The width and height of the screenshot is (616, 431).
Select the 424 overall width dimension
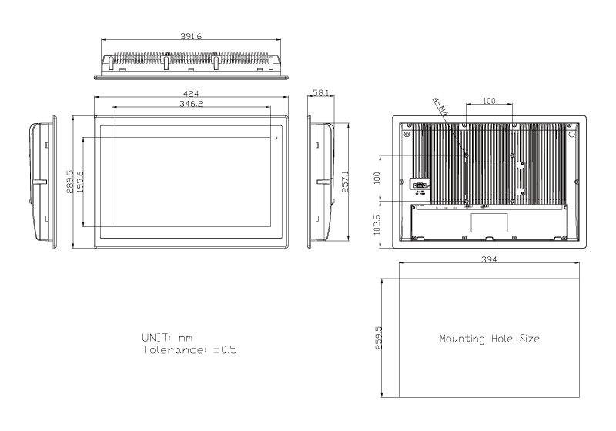click(190, 93)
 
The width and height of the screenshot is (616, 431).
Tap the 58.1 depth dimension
click(321, 93)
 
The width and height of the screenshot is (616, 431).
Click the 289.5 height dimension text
click(70, 182)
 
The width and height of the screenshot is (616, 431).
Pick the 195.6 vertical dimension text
click(80, 182)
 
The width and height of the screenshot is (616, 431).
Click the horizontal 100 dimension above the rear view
click(488, 101)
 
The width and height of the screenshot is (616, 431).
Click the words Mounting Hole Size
click(489, 338)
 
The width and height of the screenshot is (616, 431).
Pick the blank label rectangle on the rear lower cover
click(490, 222)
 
